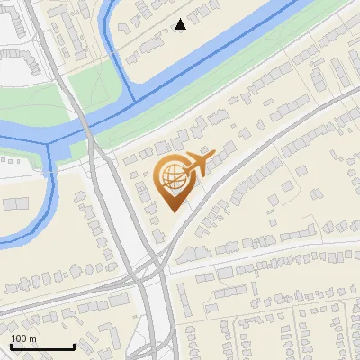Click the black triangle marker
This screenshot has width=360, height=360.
coord(181,24)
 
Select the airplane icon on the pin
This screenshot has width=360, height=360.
coord(198,164)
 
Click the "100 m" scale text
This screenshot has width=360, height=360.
coord(23,337)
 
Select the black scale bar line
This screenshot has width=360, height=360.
coord(42,347)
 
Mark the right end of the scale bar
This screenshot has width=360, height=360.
coord(74,347)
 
